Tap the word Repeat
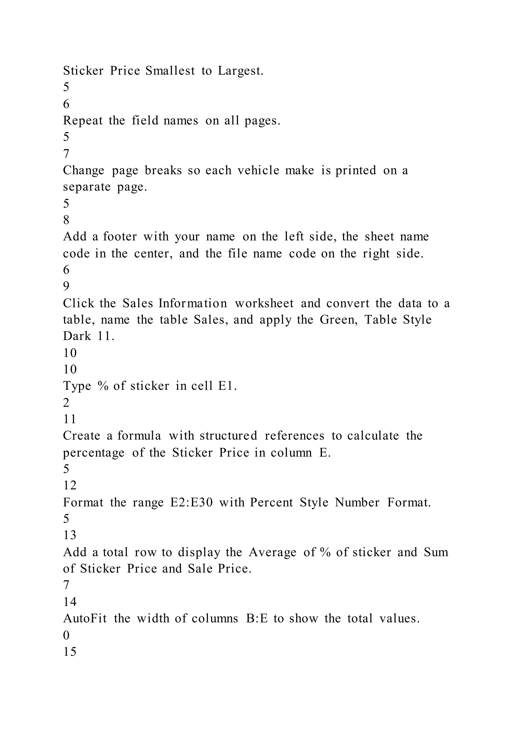click(x=83, y=121)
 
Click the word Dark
click(x=77, y=336)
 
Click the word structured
click(x=228, y=436)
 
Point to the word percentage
click(x=93, y=453)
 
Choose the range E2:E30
click(x=191, y=503)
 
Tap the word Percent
click(x=271, y=503)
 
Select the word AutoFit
click(x=85, y=618)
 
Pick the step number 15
click(x=70, y=652)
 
